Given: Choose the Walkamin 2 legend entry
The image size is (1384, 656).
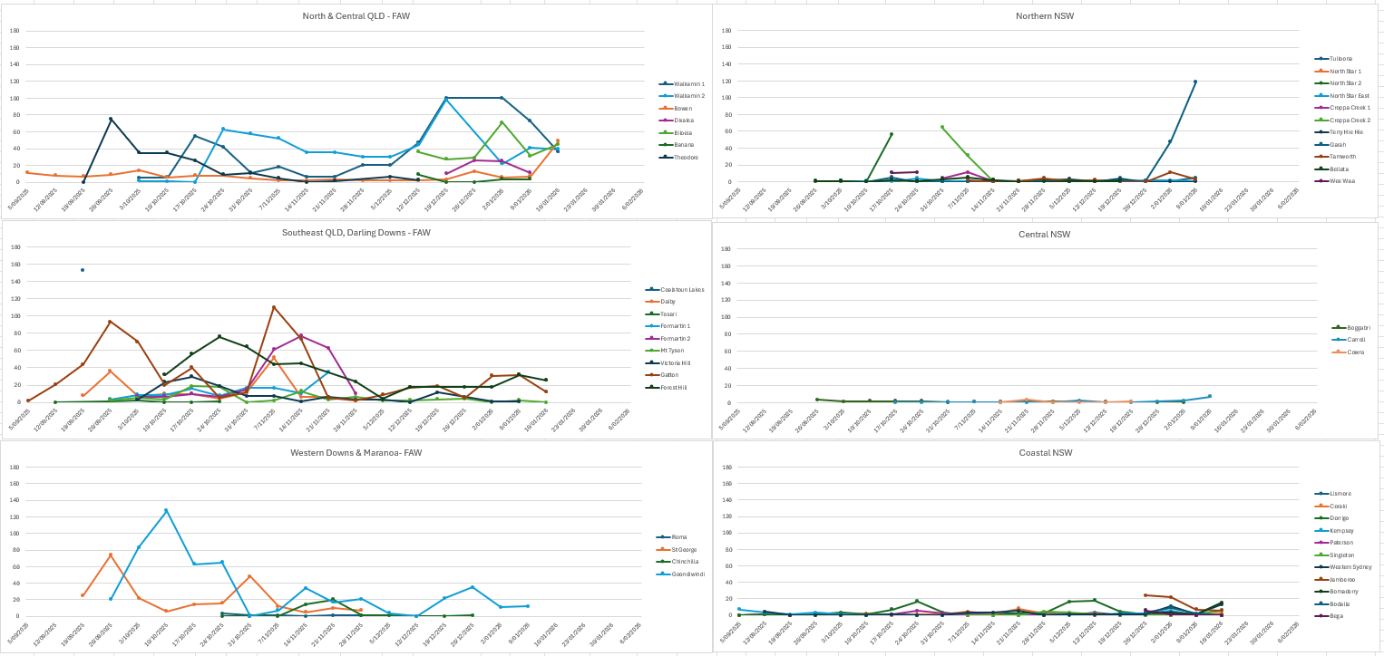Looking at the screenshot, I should [x=688, y=95].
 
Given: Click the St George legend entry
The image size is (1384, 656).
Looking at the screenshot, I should [x=686, y=549].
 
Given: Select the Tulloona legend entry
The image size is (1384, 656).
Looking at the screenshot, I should [x=1333, y=58].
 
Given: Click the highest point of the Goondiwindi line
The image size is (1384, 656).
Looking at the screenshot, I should [x=166, y=511].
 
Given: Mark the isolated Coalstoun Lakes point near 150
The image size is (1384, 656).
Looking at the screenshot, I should [x=83, y=270].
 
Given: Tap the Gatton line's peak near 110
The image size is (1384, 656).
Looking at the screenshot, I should [x=273, y=307].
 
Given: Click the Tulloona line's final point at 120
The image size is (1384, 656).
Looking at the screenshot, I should [x=1195, y=82].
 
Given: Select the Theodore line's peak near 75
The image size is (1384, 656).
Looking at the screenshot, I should [x=111, y=119].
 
